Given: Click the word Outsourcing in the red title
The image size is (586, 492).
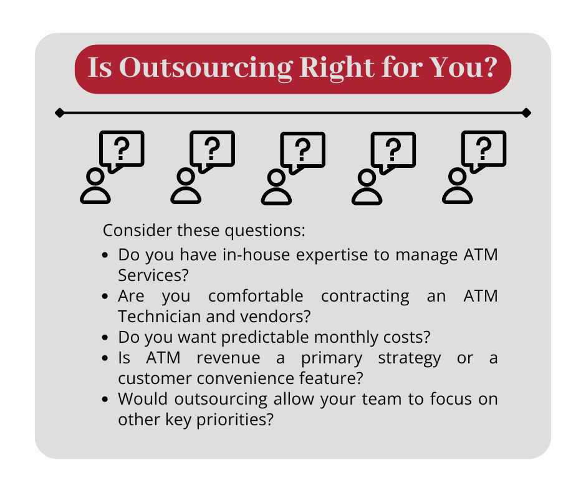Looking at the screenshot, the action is coord(206,69).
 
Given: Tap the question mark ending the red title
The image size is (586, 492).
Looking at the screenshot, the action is coord(488,67).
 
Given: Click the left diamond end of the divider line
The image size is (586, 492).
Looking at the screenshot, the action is coord(59,113).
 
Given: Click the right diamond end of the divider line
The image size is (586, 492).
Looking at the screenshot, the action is coord(526,113).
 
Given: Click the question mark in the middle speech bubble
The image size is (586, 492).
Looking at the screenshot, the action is coord(303,150).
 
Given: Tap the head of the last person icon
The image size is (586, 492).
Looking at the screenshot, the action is coord(458,177).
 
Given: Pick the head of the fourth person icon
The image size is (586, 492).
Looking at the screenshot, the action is coord(367,177).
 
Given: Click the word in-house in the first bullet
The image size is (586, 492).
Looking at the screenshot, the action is coord(256,255).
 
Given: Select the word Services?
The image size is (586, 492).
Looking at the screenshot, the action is coord(153,275).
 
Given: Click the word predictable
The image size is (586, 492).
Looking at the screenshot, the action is coord(265,337).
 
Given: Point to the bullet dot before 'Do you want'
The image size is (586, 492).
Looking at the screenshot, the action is coord(105,337).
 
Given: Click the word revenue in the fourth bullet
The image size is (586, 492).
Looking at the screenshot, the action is coord(228,358).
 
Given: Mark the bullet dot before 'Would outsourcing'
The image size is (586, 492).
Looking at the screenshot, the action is coord(105,399).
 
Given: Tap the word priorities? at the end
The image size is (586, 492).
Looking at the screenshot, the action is coord(235,420).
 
